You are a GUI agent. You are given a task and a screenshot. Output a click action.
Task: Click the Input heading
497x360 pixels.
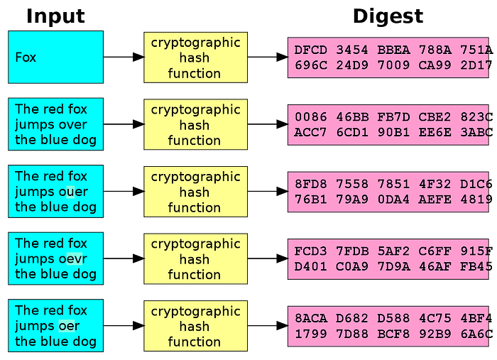[55, 16]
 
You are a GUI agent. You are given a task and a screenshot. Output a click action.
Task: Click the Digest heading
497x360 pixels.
[388, 16]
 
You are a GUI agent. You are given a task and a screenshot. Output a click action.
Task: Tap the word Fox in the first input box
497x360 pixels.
[26, 58]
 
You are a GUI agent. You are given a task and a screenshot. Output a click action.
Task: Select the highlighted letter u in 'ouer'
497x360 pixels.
[70, 192]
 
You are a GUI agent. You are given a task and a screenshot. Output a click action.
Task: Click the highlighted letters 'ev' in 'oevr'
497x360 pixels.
[75, 259]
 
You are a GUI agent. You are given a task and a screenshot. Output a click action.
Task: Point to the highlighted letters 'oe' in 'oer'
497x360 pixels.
[67, 326]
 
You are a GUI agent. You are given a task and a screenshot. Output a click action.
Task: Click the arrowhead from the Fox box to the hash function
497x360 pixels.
[138, 57]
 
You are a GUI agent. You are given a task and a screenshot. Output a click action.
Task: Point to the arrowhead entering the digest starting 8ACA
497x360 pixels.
[283, 326]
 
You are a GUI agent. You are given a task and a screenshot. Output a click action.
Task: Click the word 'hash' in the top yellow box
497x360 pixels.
[195, 58]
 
